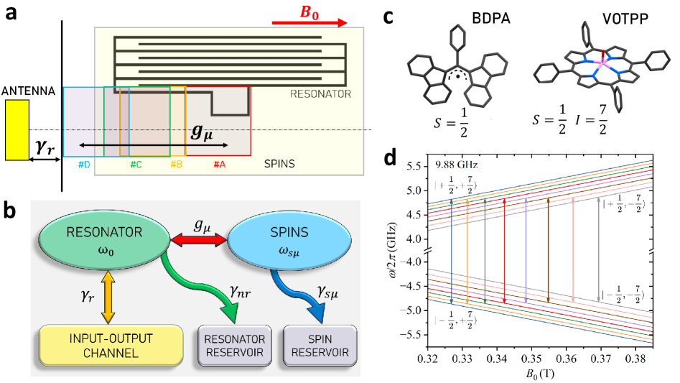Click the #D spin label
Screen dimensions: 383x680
[84, 165]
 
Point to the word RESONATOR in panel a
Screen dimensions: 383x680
[320, 94]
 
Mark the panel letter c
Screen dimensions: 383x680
[388, 17]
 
